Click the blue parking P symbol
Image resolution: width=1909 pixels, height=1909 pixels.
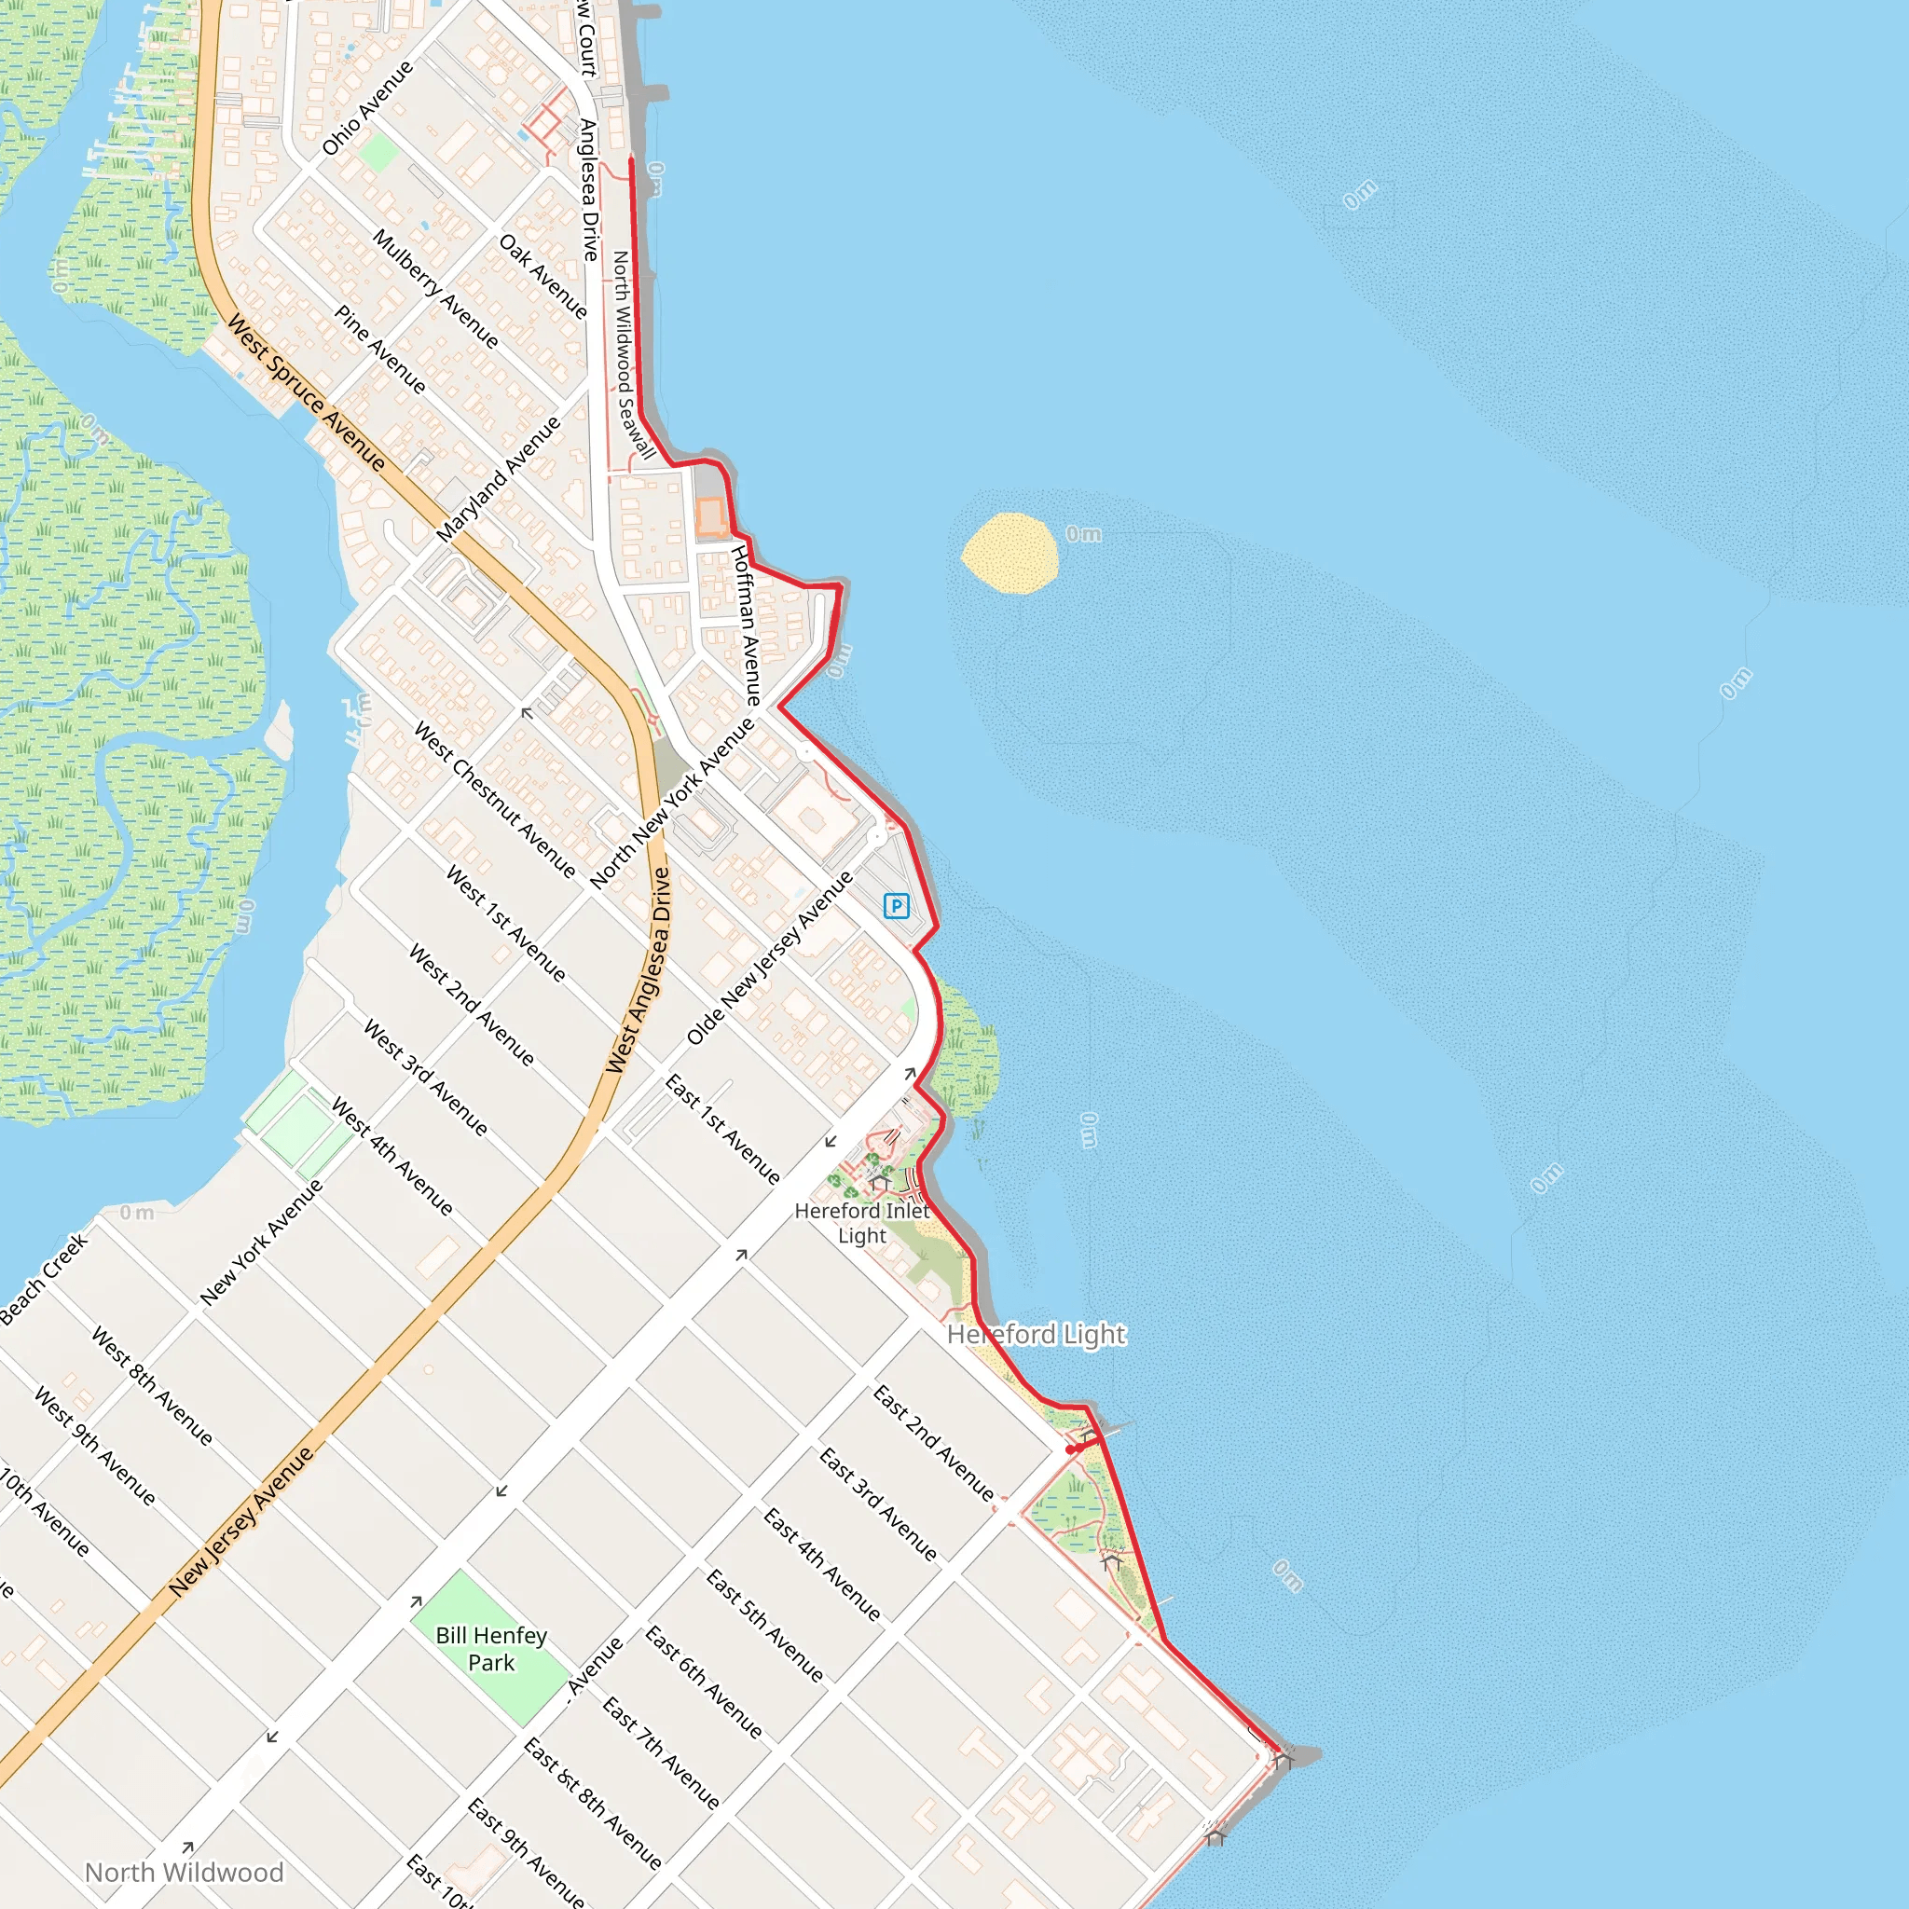[896, 906]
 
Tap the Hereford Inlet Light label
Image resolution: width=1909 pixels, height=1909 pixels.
[861, 1222]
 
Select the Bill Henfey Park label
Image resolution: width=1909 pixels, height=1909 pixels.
[491, 1649]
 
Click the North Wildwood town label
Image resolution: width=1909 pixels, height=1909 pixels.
[184, 1873]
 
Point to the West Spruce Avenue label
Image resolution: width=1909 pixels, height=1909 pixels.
[307, 392]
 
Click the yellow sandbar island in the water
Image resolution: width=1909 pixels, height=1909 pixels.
[1009, 554]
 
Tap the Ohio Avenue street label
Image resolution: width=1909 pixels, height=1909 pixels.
[366, 109]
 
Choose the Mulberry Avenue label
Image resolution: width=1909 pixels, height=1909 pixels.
[434, 289]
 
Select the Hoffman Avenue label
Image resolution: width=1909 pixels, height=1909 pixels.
[746, 625]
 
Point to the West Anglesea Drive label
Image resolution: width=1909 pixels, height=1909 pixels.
[639, 971]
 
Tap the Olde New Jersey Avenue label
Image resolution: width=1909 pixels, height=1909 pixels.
[770, 957]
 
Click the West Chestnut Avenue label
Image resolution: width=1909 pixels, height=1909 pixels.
[494, 801]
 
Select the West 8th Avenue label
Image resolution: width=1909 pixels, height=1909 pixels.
[151, 1386]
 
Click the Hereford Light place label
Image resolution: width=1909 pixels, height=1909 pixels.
[1036, 1335]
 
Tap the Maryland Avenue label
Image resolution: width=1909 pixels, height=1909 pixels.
[499, 479]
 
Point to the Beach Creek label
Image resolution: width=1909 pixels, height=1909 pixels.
[45, 1279]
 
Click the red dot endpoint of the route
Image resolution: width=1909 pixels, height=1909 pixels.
[1070, 1449]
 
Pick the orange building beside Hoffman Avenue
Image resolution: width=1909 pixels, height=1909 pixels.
[710, 517]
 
